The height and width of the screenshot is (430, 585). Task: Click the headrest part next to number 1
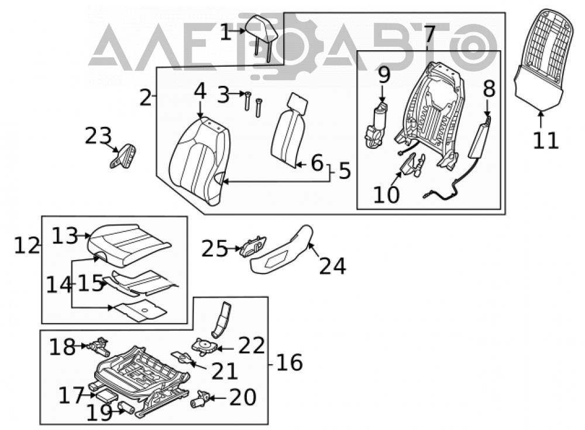tap(262, 33)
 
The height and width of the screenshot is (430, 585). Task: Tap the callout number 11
tap(545, 140)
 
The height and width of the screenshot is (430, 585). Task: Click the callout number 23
tap(98, 136)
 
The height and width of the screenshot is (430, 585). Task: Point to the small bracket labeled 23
tap(123, 156)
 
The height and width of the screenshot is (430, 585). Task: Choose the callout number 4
tap(200, 91)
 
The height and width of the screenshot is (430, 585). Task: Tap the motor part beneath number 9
tap(376, 127)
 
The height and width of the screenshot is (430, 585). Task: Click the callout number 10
tap(386, 195)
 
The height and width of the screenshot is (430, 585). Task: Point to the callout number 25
tap(215, 249)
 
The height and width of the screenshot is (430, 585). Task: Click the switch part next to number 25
tap(254, 246)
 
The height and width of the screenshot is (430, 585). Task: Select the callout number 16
tap(290, 363)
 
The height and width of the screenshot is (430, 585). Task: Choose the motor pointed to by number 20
tap(199, 398)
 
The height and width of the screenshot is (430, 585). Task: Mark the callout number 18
tap(63, 347)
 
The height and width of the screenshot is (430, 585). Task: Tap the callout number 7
tap(429, 33)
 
